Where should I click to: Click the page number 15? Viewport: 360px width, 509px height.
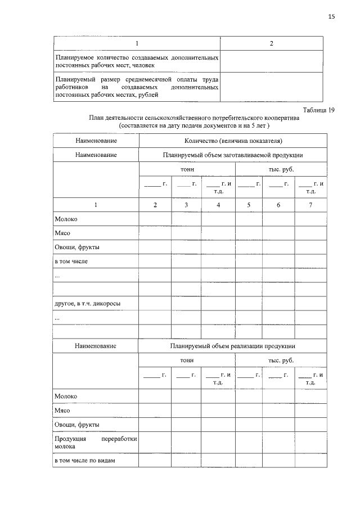[x=331, y=17]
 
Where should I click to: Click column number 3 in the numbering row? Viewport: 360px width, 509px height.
[x=186, y=205]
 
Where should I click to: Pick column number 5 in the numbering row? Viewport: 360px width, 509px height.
[x=249, y=205]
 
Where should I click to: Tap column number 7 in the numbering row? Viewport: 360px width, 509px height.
[x=310, y=205]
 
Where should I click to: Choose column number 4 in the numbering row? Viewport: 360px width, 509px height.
[x=218, y=205]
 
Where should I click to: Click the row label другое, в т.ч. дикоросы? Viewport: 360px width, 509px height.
[x=87, y=304]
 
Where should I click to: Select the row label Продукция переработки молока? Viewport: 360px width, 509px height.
[x=96, y=442]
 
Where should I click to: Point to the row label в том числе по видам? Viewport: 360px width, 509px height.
[x=84, y=461]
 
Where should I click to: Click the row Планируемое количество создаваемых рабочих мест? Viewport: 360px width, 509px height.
[x=137, y=61]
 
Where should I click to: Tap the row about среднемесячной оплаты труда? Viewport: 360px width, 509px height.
[x=137, y=88]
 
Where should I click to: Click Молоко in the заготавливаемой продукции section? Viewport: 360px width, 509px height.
[x=66, y=219]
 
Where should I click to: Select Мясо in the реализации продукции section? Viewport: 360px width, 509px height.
[x=62, y=411]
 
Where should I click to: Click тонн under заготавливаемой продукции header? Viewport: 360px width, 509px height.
[x=187, y=169]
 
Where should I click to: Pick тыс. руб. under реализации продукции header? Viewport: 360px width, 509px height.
[x=281, y=361]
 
